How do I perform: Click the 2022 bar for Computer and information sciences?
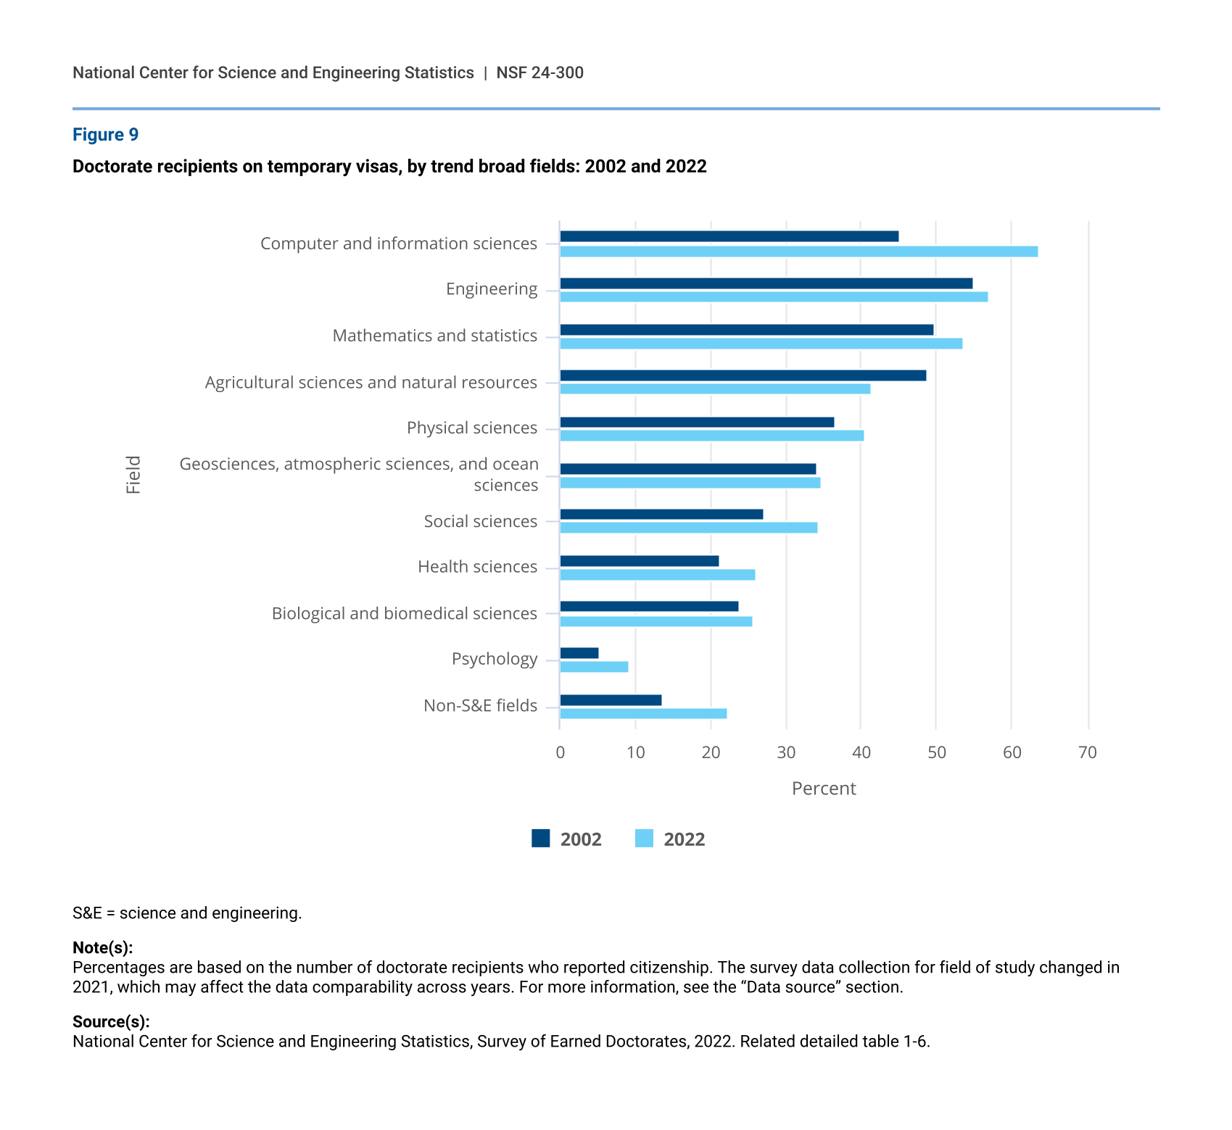(798, 252)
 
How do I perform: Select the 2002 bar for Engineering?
(766, 283)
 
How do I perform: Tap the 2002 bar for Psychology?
(579, 653)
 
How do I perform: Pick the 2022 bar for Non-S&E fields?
(643, 714)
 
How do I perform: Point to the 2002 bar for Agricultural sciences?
(743, 375)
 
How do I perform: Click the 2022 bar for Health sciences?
(657, 575)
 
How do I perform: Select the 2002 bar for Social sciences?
(661, 515)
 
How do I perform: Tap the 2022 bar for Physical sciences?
(711, 436)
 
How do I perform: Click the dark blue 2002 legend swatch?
(541, 839)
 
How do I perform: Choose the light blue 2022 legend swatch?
(644, 839)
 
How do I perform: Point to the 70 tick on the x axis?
(1088, 752)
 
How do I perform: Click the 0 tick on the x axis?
(560, 752)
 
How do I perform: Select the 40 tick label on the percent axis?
(861, 752)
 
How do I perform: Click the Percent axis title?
(824, 789)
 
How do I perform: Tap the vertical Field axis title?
(133, 475)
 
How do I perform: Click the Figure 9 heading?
(105, 135)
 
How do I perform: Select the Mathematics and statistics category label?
(435, 336)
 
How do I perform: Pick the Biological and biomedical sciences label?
(405, 613)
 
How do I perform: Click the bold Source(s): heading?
(111, 1022)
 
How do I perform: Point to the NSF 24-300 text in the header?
(539, 72)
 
